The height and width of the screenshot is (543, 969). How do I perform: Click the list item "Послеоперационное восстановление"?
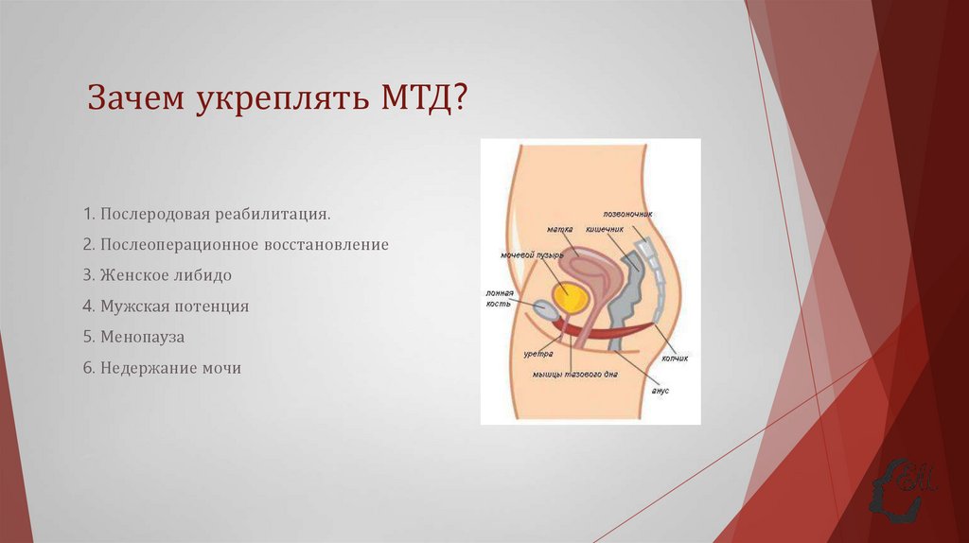click(x=236, y=245)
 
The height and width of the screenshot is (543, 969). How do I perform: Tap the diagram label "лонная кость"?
click(x=499, y=298)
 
